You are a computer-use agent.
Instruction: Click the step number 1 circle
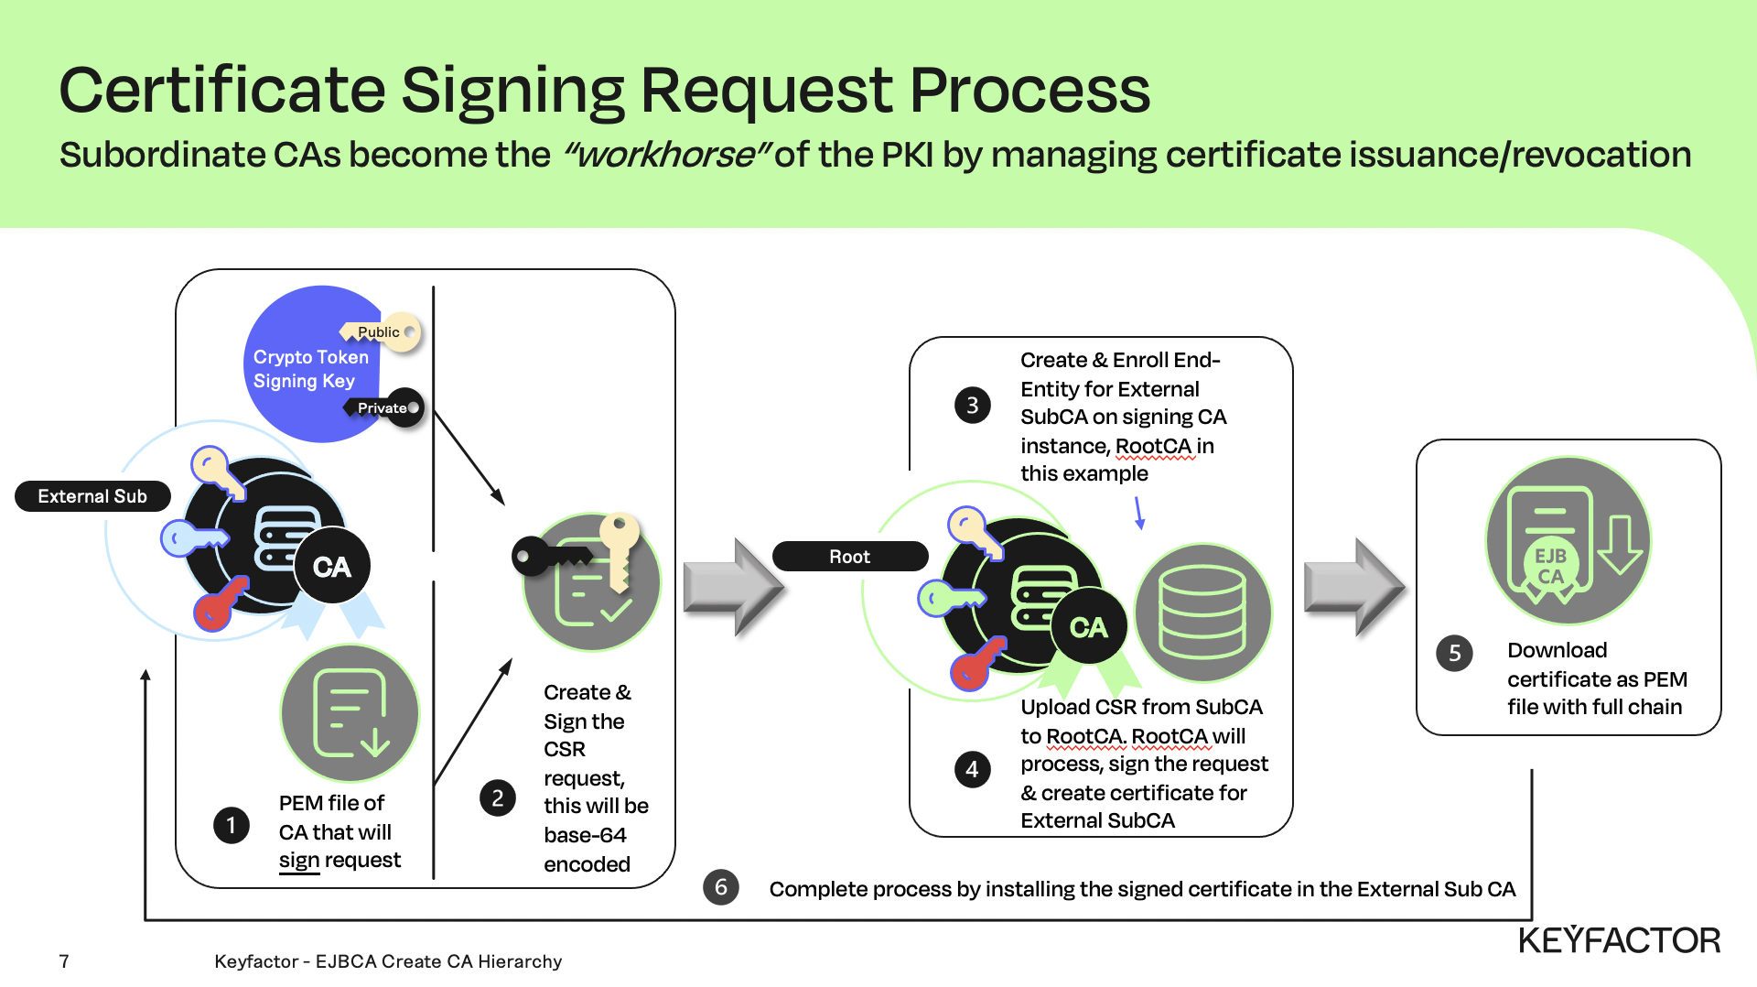[x=232, y=826]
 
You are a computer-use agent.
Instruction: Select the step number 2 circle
[x=498, y=798]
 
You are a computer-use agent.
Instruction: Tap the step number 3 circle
[x=973, y=405]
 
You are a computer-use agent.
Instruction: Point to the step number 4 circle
[x=973, y=770]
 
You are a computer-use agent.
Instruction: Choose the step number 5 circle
[x=1455, y=654]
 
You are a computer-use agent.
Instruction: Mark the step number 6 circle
[x=721, y=887]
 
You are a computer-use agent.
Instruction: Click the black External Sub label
[x=92, y=496]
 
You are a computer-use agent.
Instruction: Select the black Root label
[x=850, y=557]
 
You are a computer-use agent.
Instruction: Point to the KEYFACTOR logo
[x=1620, y=940]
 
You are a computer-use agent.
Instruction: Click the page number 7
[x=64, y=961]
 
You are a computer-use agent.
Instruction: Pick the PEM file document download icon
[x=350, y=713]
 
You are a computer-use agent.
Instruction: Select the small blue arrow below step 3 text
[x=1139, y=513]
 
